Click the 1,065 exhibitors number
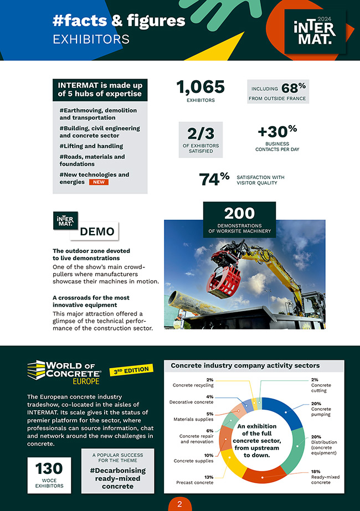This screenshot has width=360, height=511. (x=200, y=87)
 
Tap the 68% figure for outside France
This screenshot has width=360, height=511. (x=294, y=89)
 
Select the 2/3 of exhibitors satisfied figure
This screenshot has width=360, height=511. (x=200, y=133)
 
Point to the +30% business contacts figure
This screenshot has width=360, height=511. (x=277, y=132)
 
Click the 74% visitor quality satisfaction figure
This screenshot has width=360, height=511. (x=214, y=179)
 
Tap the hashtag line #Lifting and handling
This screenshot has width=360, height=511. (x=91, y=146)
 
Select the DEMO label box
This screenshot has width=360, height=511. (x=97, y=231)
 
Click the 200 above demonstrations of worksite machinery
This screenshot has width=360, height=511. (x=239, y=214)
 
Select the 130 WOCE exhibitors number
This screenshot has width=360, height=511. (x=49, y=468)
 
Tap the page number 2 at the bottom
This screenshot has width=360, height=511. (x=179, y=504)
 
